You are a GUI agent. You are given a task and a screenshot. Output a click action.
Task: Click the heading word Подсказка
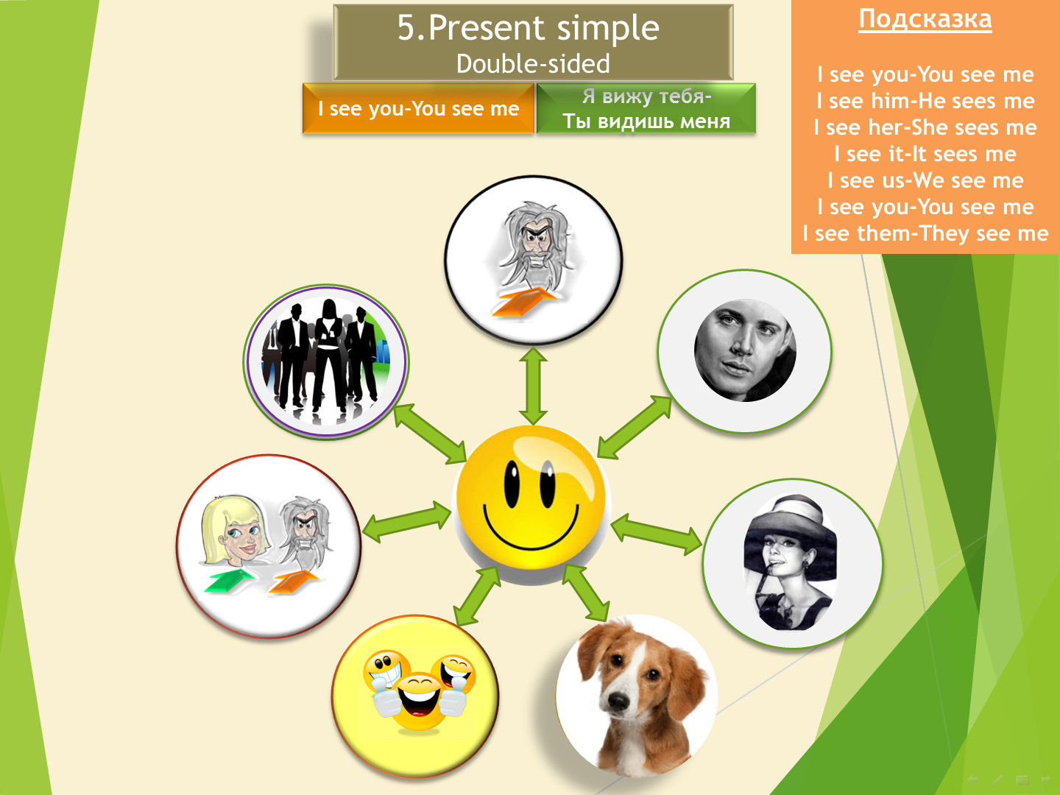coord(925,20)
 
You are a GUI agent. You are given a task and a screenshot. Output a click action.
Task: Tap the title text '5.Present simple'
coord(529,27)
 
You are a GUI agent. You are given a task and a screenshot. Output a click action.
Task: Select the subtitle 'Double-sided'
coord(533,64)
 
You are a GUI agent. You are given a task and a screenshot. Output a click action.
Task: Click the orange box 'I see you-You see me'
coord(418,109)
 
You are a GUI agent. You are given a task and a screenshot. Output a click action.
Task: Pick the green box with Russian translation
coord(646,109)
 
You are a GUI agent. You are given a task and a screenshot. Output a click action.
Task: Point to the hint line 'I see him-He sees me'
coord(925,101)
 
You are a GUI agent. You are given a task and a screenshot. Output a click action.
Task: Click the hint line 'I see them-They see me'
coord(925,233)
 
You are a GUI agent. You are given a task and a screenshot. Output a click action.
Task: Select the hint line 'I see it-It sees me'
coord(925,154)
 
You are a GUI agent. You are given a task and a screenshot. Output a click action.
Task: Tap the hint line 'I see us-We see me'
coord(925,180)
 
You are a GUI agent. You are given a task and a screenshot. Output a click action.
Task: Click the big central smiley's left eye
coord(511,484)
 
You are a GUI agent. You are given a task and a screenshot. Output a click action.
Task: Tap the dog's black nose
coord(616,700)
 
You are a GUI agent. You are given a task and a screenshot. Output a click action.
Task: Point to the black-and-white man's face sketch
coord(745,350)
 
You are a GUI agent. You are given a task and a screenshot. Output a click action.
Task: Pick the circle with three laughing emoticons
coord(415,696)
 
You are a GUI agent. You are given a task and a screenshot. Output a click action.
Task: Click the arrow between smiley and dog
coord(586,593)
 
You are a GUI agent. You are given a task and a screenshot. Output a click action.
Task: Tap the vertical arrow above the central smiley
coord(533,386)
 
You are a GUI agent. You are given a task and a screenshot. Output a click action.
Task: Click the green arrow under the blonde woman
coord(229,580)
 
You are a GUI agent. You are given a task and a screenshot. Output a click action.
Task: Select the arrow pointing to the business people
coord(431,434)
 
